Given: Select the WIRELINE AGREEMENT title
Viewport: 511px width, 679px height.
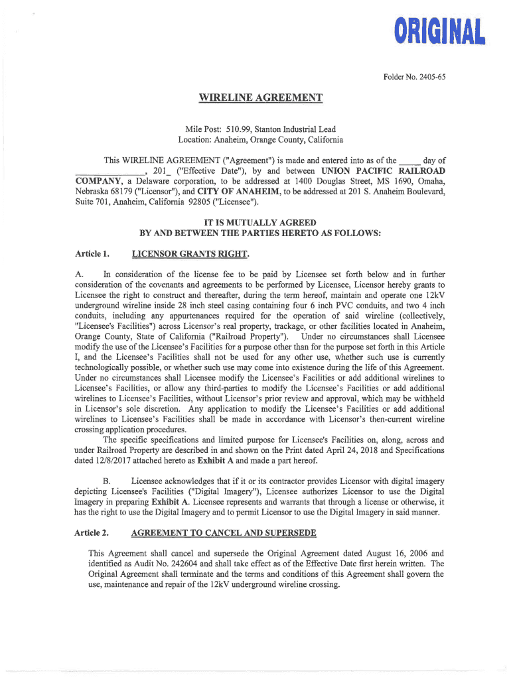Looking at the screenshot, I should pyautogui.click(x=261, y=99).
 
